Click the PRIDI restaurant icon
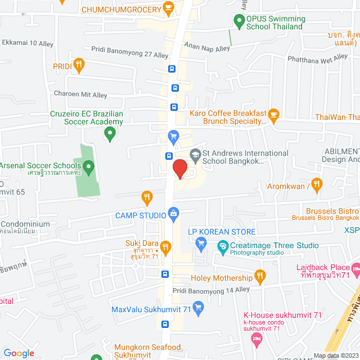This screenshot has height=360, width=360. pyautogui.click(x=79, y=66)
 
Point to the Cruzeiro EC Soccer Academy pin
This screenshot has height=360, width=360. pyautogui.click(x=110, y=134)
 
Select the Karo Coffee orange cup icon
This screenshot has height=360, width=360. pyautogui.click(x=274, y=116)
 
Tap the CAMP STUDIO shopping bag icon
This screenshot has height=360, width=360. pyautogui.click(x=173, y=214)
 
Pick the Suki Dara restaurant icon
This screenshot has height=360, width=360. pyautogui.click(x=165, y=246)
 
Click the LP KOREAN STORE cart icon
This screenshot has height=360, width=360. pyautogui.click(x=200, y=243)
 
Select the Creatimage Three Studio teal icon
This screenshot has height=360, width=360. pyautogui.click(x=223, y=246)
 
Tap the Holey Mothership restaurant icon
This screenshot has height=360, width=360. pyautogui.click(x=260, y=277)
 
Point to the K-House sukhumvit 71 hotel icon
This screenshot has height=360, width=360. pyautogui.click(x=256, y=338)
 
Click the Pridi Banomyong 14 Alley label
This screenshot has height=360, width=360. pyautogui.click(x=211, y=290)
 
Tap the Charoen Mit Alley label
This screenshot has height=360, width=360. pyautogui.click(x=80, y=95)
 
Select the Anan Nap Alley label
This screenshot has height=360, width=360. pyautogui.click(x=208, y=48)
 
